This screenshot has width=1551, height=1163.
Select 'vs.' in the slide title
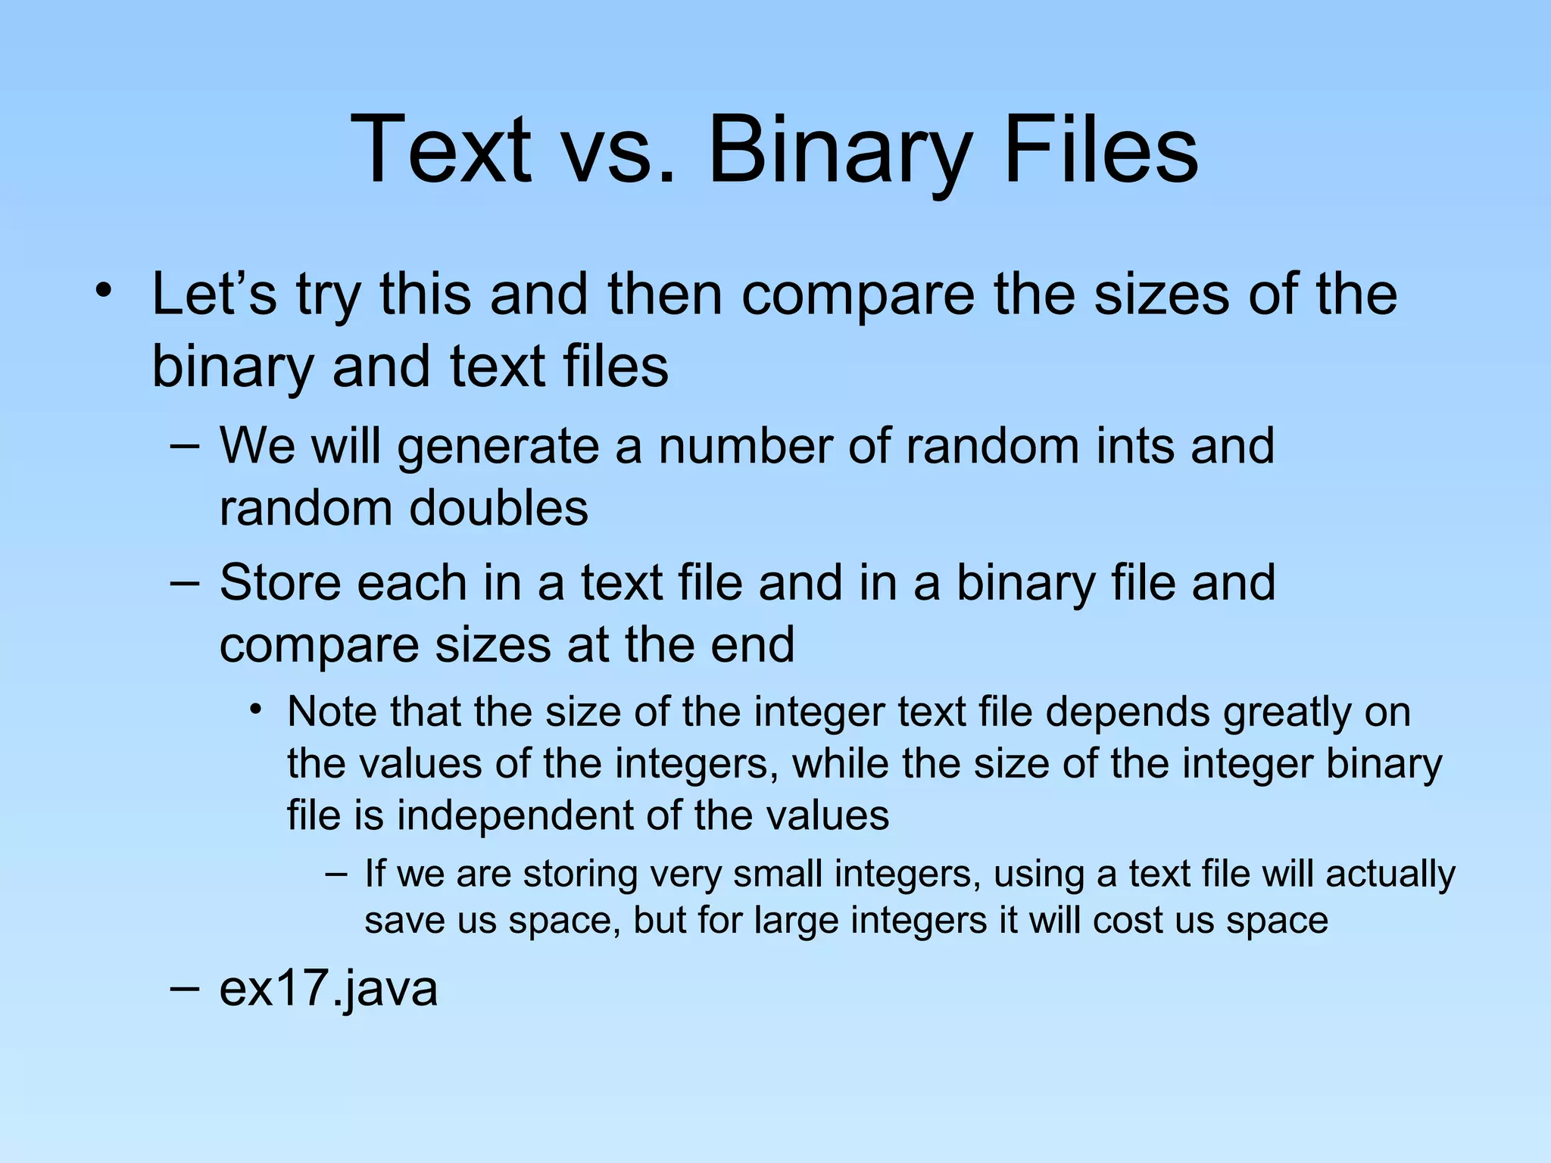pyautogui.click(x=616, y=151)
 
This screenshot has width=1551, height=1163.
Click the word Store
pyautogui.click(x=279, y=582)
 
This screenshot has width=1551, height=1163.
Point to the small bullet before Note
pyautogui.click(x=257, y=710)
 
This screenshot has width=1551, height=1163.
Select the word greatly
pyautogui.click(x=1287, y=714)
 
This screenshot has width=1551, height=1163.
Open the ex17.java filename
pyautogui.click(x=328, y=989)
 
